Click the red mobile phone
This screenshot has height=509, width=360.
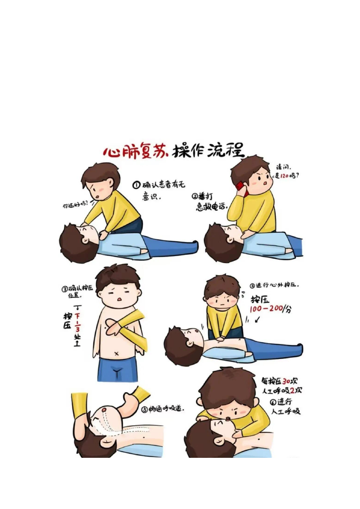click(x=241, y=189)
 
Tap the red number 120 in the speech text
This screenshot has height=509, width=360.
click(x=284, y=176)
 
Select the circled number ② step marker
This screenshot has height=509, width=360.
click(x=195, y=196)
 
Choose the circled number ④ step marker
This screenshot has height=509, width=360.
click(x=252, y=286)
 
